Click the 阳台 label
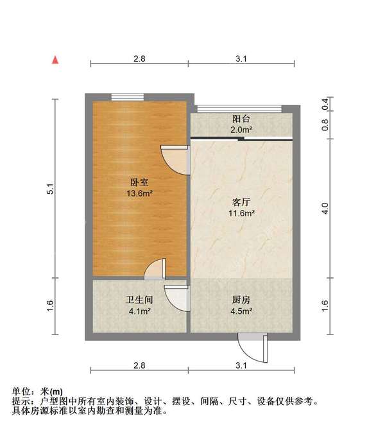(241, 119)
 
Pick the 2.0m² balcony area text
(241, 129)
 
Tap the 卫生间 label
(138, 300)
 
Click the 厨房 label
(241, 300)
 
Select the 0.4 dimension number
(325, 103)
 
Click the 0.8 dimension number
(325, 125)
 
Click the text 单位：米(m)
(38, 392)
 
